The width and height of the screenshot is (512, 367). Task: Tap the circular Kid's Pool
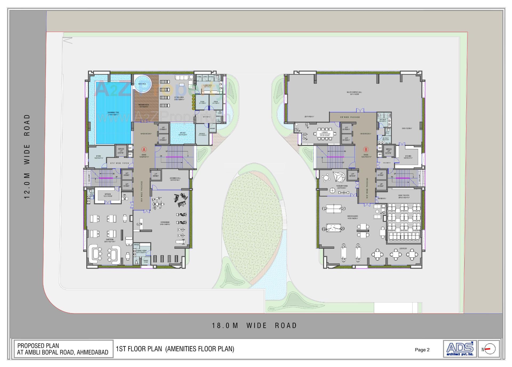142,84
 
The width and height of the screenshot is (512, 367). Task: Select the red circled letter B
366,150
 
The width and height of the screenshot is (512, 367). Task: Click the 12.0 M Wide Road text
27,157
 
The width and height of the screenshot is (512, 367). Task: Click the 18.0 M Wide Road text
254,325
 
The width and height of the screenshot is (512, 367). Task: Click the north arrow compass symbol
489,349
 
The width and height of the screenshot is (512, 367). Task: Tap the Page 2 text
422,350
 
